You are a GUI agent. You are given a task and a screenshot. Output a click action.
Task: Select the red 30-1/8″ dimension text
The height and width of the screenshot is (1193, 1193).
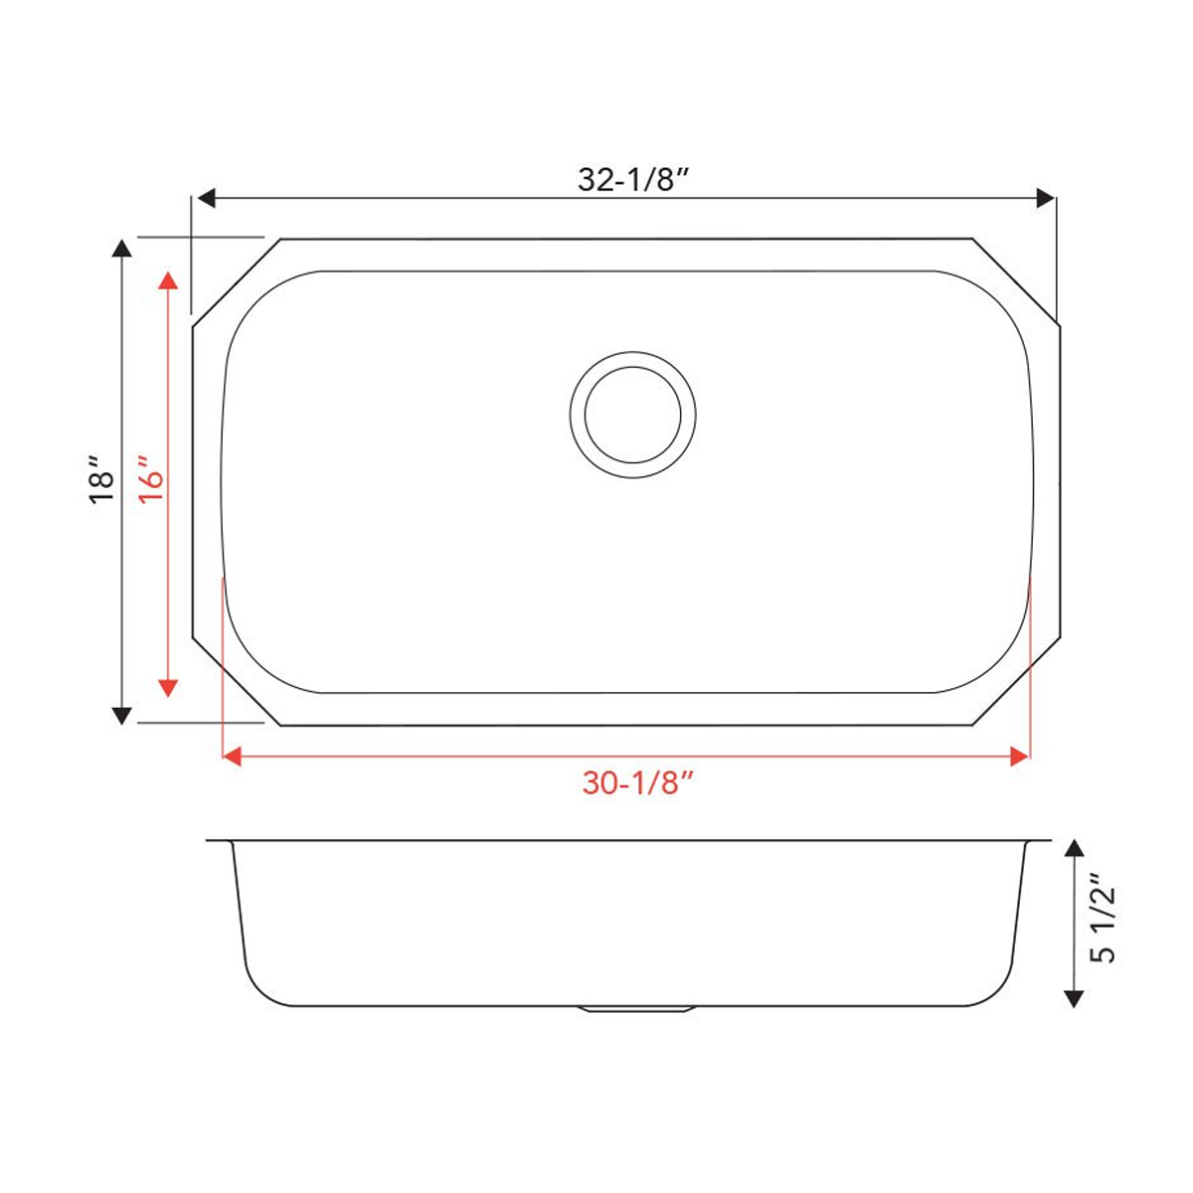coord(637,783)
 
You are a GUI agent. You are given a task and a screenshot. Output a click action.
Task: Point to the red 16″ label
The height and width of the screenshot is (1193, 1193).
coord(151,481)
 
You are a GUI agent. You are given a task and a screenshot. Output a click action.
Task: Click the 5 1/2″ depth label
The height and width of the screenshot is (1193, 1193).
coord(1104,920)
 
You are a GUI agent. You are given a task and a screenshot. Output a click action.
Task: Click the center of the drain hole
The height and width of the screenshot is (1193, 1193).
coord(632,414)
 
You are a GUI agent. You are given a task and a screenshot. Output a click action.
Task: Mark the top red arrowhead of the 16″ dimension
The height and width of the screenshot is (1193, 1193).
coord(168,278)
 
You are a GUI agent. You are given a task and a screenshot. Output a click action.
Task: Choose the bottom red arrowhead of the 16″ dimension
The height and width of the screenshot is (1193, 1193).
coord(168,686)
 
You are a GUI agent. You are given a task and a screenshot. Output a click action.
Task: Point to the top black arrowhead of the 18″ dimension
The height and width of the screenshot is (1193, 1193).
coord(121,249)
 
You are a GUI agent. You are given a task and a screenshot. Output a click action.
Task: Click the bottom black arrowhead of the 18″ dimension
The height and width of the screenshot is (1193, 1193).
coord(121,714)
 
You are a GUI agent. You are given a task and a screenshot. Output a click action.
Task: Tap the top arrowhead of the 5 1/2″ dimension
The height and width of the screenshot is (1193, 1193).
coord(1073,848)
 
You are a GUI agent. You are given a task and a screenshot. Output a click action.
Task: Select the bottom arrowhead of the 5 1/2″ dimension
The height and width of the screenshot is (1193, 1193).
coord(1073,998)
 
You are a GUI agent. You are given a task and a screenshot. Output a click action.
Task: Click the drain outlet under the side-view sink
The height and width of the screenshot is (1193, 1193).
coord(633,1009)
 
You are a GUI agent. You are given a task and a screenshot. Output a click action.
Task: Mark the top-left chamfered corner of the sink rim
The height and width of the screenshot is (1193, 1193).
coord(237,281)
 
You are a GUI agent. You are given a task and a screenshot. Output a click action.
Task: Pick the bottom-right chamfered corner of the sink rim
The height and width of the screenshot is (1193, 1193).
coord(1016,682)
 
